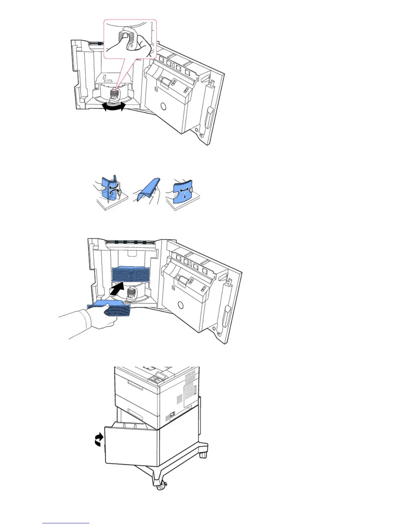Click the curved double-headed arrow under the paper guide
coord(114,107)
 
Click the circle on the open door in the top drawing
coord(163,106)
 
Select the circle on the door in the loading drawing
coord(180,305)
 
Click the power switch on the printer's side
coord(172,414)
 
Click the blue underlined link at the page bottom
coord(66,523)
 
